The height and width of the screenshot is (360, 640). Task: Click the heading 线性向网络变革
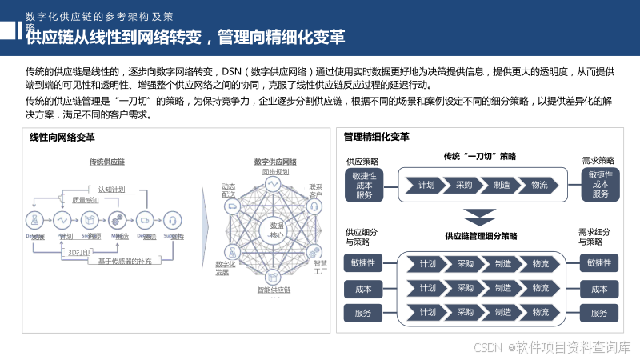coord(62,137)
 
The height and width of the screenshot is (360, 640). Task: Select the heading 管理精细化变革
coord(376,137)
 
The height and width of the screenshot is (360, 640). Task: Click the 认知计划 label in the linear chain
coord(112,189)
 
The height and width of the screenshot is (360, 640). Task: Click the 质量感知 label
coord(86,200)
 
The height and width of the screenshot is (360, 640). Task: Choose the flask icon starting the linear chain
coord(34,219)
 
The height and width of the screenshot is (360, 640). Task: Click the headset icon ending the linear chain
coord(172,219)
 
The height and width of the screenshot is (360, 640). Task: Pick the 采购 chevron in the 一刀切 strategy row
coord(464,186)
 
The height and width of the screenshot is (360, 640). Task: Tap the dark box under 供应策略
coord(364,184)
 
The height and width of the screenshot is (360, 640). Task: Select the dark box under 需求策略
coord(600,184)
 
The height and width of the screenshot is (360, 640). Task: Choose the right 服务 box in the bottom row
coord(599,314)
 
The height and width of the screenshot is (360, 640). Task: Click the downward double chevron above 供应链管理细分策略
coord(480,217)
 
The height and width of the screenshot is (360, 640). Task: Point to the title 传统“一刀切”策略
coord(480,156)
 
